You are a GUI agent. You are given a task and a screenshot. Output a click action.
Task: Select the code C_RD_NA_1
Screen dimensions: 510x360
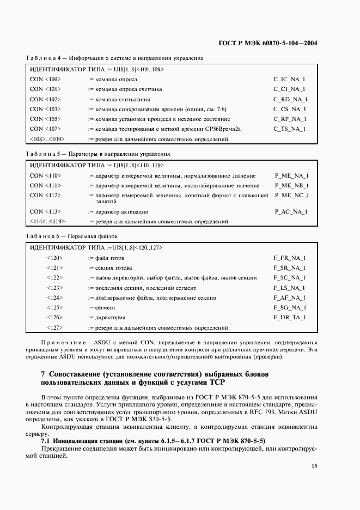(290, 99)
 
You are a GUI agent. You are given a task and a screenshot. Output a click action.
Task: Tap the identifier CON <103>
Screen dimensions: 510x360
(45, 109)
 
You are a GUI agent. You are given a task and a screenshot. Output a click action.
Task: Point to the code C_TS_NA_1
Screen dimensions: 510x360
(289, 129)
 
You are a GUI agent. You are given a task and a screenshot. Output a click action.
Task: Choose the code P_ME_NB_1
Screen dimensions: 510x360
(291, 186)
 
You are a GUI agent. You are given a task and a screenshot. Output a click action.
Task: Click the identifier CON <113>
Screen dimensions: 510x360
(45, 211)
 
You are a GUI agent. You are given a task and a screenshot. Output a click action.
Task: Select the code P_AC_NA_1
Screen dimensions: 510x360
(291, 211)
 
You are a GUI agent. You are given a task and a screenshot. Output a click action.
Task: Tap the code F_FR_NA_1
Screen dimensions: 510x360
(289, 258)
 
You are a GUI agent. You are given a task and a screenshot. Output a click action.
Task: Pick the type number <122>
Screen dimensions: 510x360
(54, 278)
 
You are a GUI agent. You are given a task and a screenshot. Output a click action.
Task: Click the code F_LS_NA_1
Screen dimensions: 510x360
(289, 288)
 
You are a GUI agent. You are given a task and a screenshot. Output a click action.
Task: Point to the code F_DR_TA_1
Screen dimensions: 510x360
(289, 317)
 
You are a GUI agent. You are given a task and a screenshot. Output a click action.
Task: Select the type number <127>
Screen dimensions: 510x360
(54, 328)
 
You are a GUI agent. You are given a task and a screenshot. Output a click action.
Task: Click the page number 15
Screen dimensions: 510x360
(314, 465)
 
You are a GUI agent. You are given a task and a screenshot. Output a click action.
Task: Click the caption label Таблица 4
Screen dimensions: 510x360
(39, 58)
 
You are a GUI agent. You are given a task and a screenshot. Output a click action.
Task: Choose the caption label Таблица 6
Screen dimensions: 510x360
(39, 236)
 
